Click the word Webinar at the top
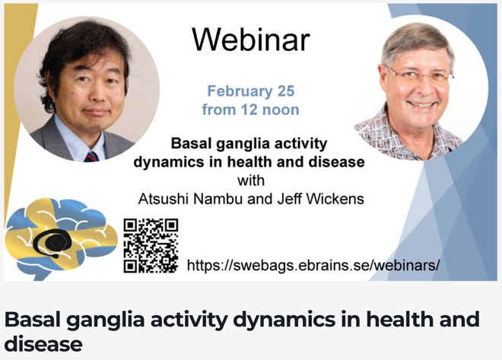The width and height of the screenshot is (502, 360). click(251, 40)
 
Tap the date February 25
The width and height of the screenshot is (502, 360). click(251, 91)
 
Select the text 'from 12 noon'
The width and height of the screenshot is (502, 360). click(251, 110)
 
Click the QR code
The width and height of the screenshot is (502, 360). click(151, 246)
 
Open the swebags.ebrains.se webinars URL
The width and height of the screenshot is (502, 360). click(313, 265)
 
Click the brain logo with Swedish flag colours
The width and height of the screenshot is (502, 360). click(61, 239)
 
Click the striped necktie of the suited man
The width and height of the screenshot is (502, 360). click(91, 156)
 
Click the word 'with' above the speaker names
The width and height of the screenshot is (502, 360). click(251, 180)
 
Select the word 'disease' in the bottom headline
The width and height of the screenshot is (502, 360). click(43, 344)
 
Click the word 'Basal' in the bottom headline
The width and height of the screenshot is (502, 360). click(33, 320)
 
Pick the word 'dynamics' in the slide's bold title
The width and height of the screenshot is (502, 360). click(169, 162)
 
